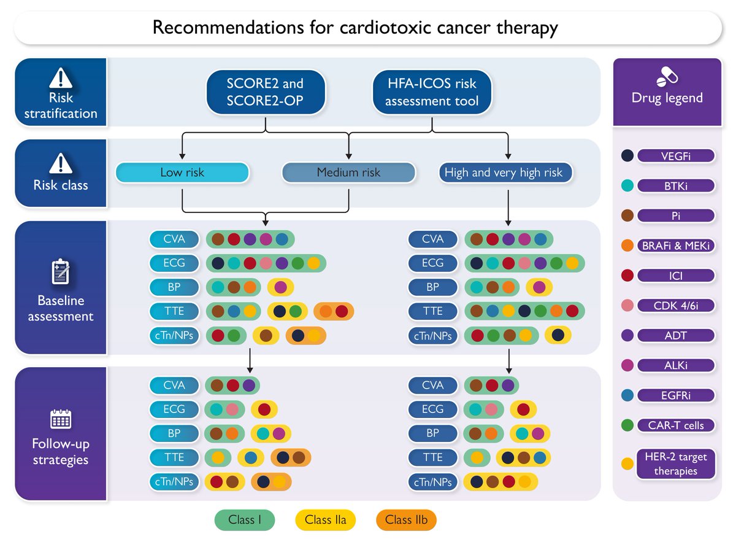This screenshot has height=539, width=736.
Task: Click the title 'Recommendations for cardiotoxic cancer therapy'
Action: [x=355, y=28]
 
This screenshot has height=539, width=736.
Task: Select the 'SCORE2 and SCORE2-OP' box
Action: [x=265, y=91]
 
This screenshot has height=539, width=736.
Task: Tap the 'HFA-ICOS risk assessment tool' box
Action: [x=432, y=91]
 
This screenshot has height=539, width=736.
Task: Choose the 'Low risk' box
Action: [x=182, y=173]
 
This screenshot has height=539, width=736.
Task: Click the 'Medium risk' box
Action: [x=348, y=173]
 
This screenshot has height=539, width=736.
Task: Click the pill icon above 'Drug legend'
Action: [x=667, y=77]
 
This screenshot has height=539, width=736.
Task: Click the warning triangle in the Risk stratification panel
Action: [x=61, y=77]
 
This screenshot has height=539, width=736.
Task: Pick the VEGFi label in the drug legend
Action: [x=676, y=156]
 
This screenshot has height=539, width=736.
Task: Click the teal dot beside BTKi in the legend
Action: [x=627, y=186]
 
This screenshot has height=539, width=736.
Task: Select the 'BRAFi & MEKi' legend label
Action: [x=676, y=246]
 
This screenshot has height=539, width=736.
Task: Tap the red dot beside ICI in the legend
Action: [x=627, y=276]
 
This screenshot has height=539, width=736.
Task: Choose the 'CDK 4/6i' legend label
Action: [x=676, y=306]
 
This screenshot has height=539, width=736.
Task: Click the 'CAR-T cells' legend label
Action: [x=676, y=425]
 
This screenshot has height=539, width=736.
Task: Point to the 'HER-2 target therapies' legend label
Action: [x=676, y=463]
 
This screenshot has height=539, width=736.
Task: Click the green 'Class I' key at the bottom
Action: [x=245, y=520]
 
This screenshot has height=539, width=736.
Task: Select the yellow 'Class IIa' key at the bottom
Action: [x=326, y=520]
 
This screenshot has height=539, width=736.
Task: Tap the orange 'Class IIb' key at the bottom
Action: [x=406, y=520]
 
